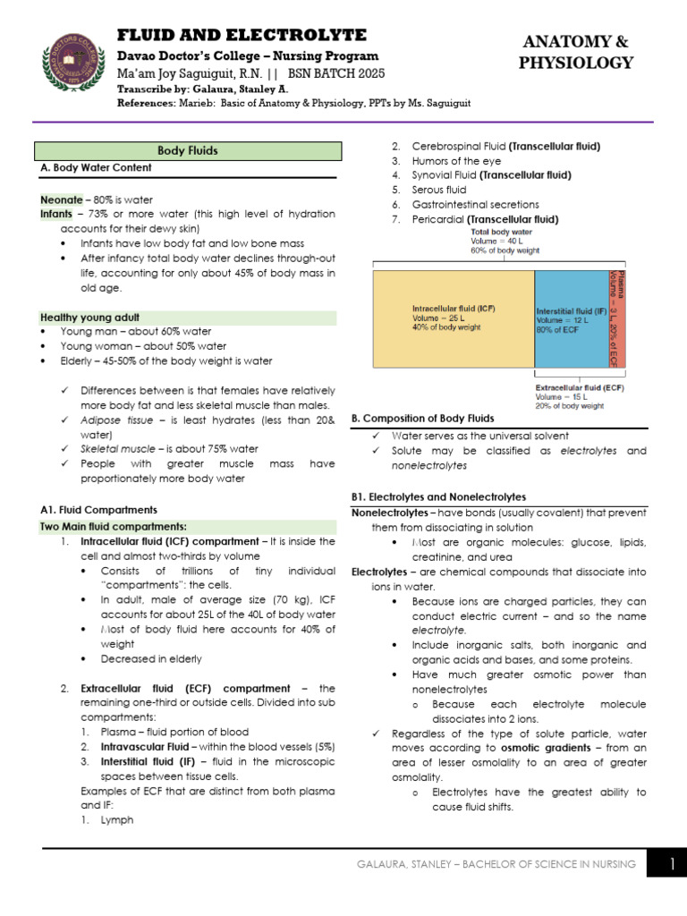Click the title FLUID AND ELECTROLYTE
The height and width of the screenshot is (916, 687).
coord(242,35)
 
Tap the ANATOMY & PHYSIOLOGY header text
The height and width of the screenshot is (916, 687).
coord(576,52)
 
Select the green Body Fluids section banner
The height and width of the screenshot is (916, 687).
coord(188,151)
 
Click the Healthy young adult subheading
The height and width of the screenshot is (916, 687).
coord(89,318)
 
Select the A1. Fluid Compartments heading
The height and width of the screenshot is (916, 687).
coord(98,509)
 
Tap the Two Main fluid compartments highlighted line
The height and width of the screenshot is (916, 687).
coord(113,526)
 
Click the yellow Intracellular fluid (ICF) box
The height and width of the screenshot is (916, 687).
coord(453,318)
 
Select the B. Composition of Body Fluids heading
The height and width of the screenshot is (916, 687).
coord(422,418)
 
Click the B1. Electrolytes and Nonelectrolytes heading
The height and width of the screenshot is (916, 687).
coord(438,496)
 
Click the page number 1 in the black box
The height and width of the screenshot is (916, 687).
coord(671,863)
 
